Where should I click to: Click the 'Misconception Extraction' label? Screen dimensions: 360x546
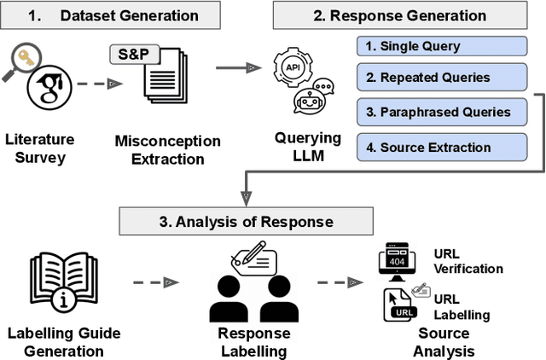(x=166, y=148)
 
